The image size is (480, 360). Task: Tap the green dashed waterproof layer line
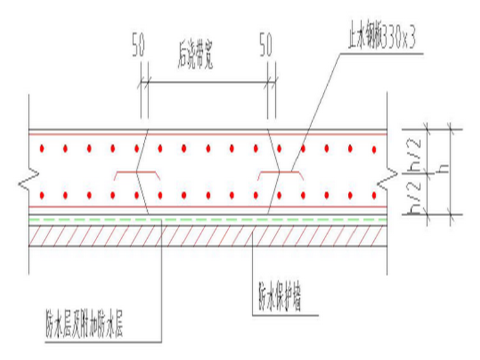(x=208, y=219)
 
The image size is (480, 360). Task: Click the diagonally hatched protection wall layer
(x=208, y=235)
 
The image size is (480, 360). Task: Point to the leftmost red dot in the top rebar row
(x=42, y=149)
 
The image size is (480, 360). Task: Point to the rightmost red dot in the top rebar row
(x=374, y=149)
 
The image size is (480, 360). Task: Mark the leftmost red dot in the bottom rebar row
(x=42, y=193)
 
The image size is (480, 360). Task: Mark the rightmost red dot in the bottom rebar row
(x=374, y=193)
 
